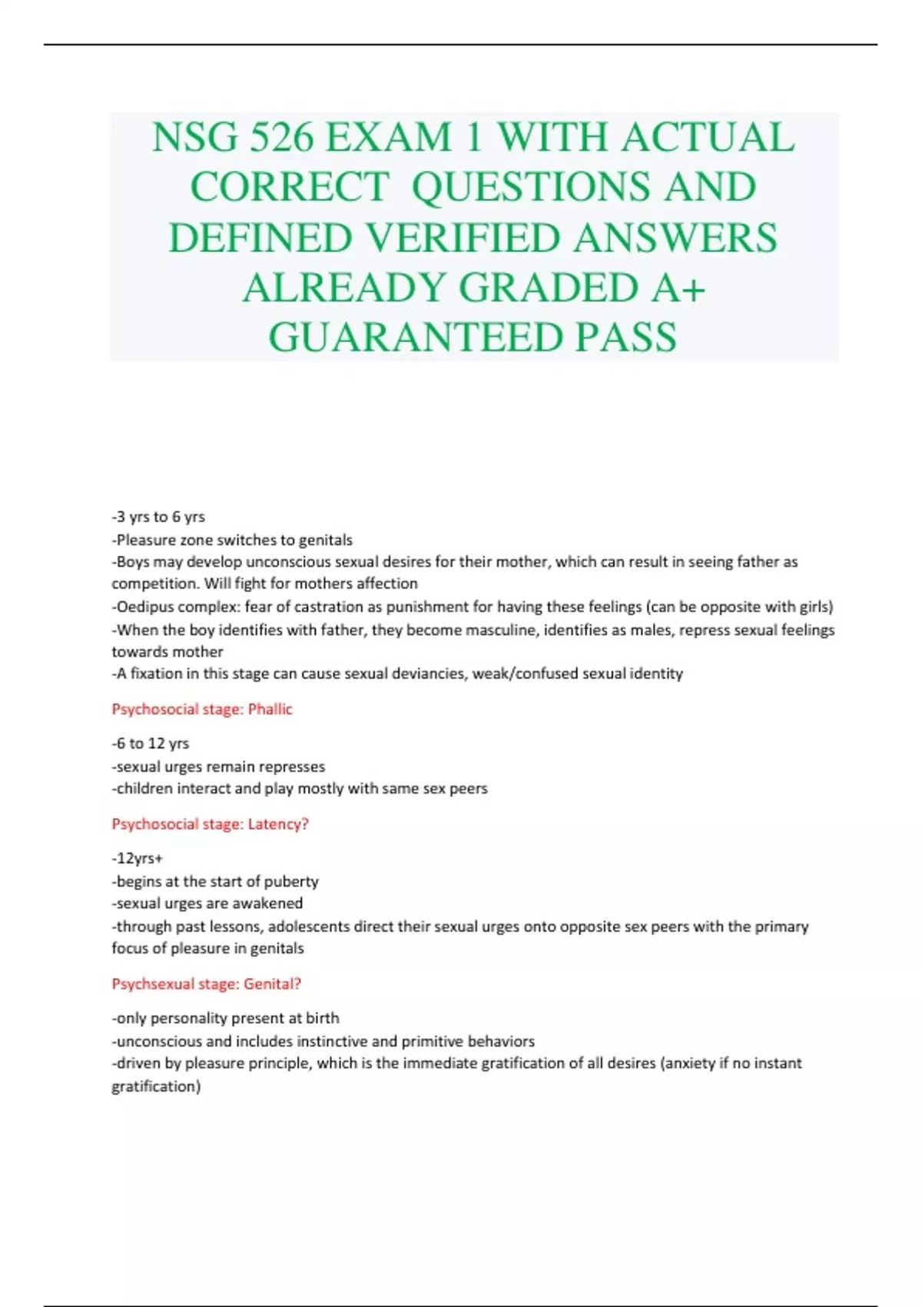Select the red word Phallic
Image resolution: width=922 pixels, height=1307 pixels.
click(270, 709)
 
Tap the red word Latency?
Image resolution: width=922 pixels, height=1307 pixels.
click(278, 824)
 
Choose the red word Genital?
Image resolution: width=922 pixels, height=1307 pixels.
click(273, 983)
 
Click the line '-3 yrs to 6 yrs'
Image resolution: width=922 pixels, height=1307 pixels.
click(158, 517)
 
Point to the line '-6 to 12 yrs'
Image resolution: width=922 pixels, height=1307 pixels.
click(151, 743)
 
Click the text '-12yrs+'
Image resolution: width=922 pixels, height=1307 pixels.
click(138, 858)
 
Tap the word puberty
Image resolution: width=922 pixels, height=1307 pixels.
click(291, 881)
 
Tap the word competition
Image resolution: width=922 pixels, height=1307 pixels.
click(155, 584)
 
